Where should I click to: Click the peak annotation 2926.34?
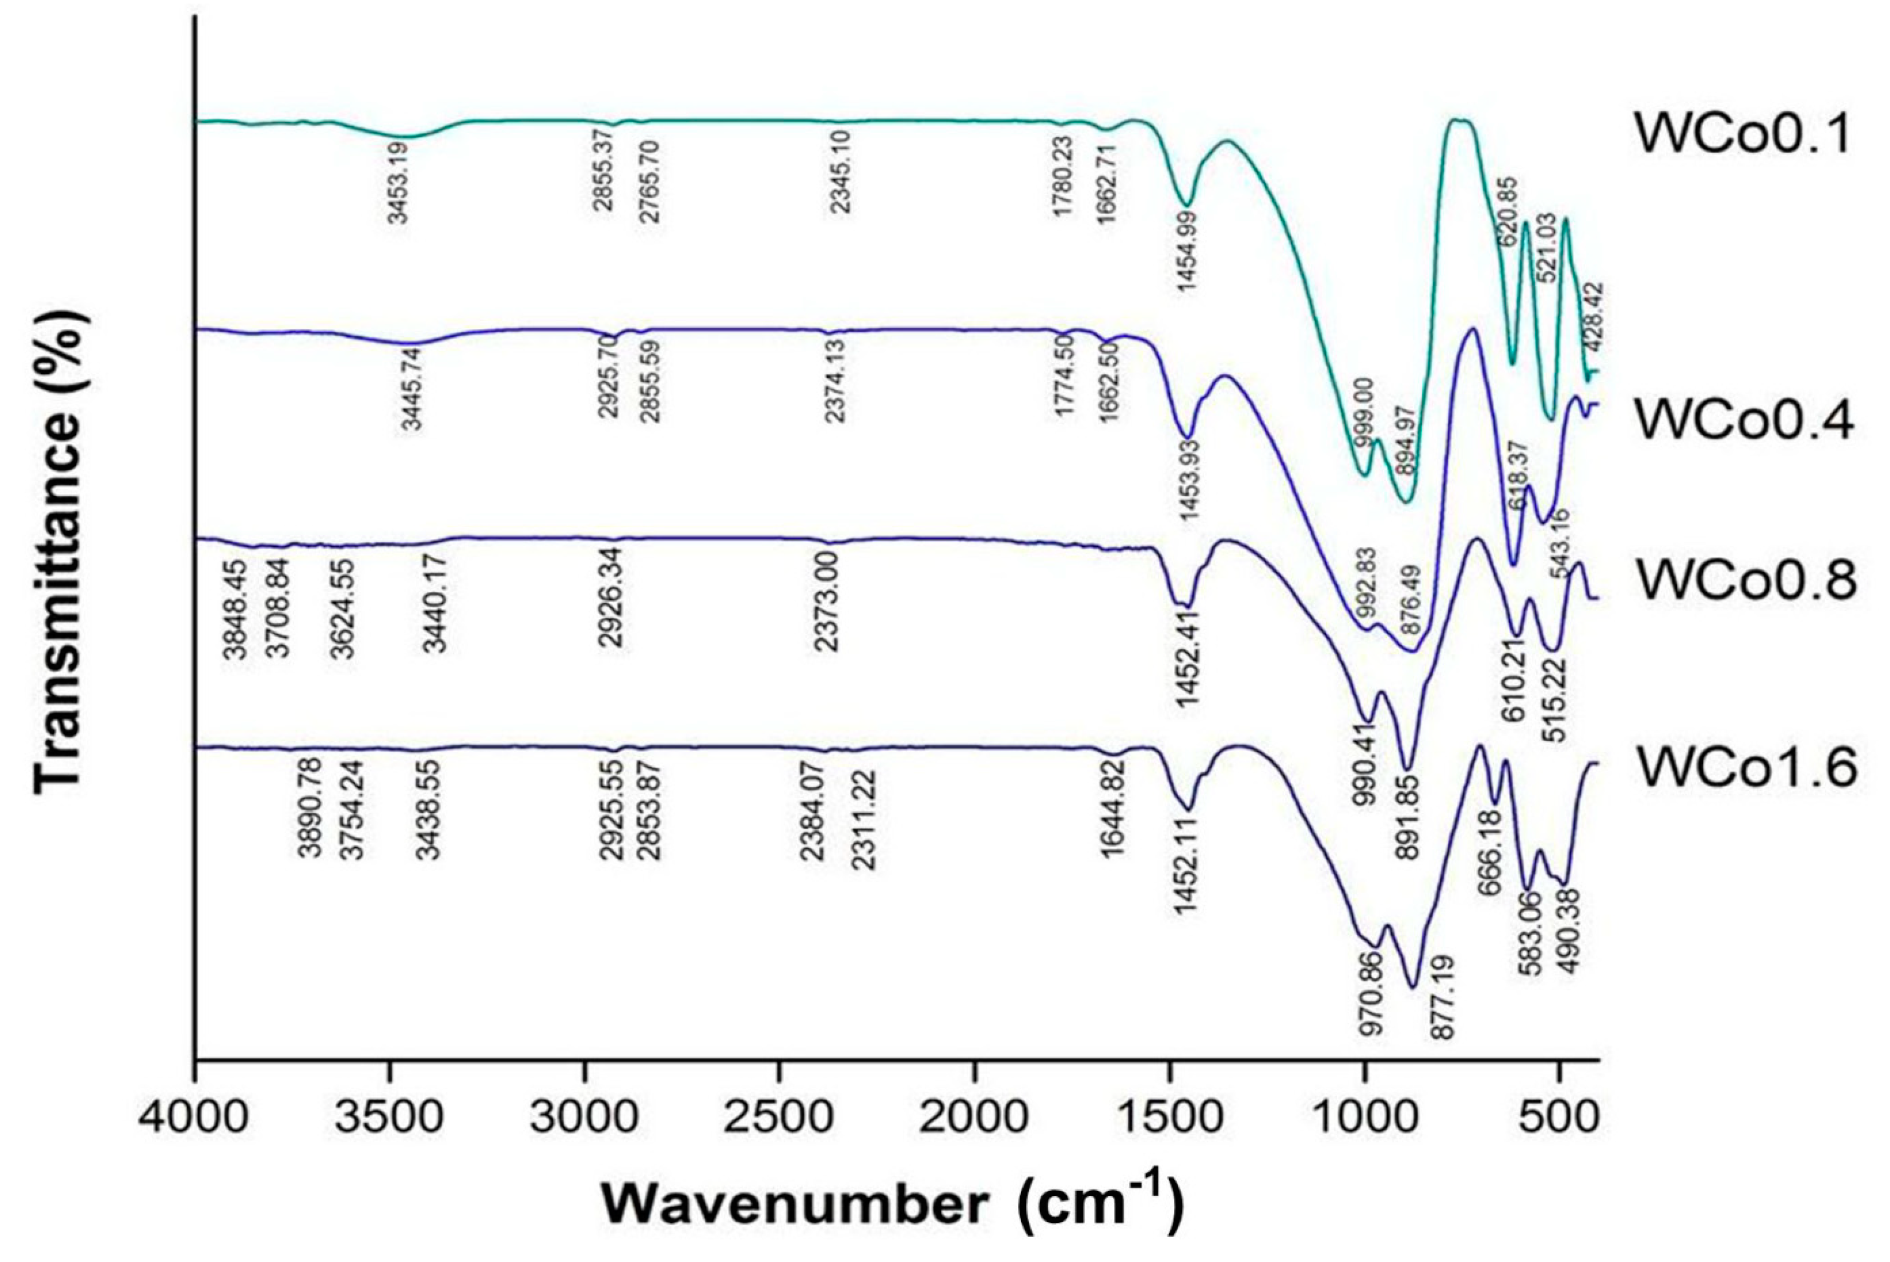[x=612, y=596]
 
